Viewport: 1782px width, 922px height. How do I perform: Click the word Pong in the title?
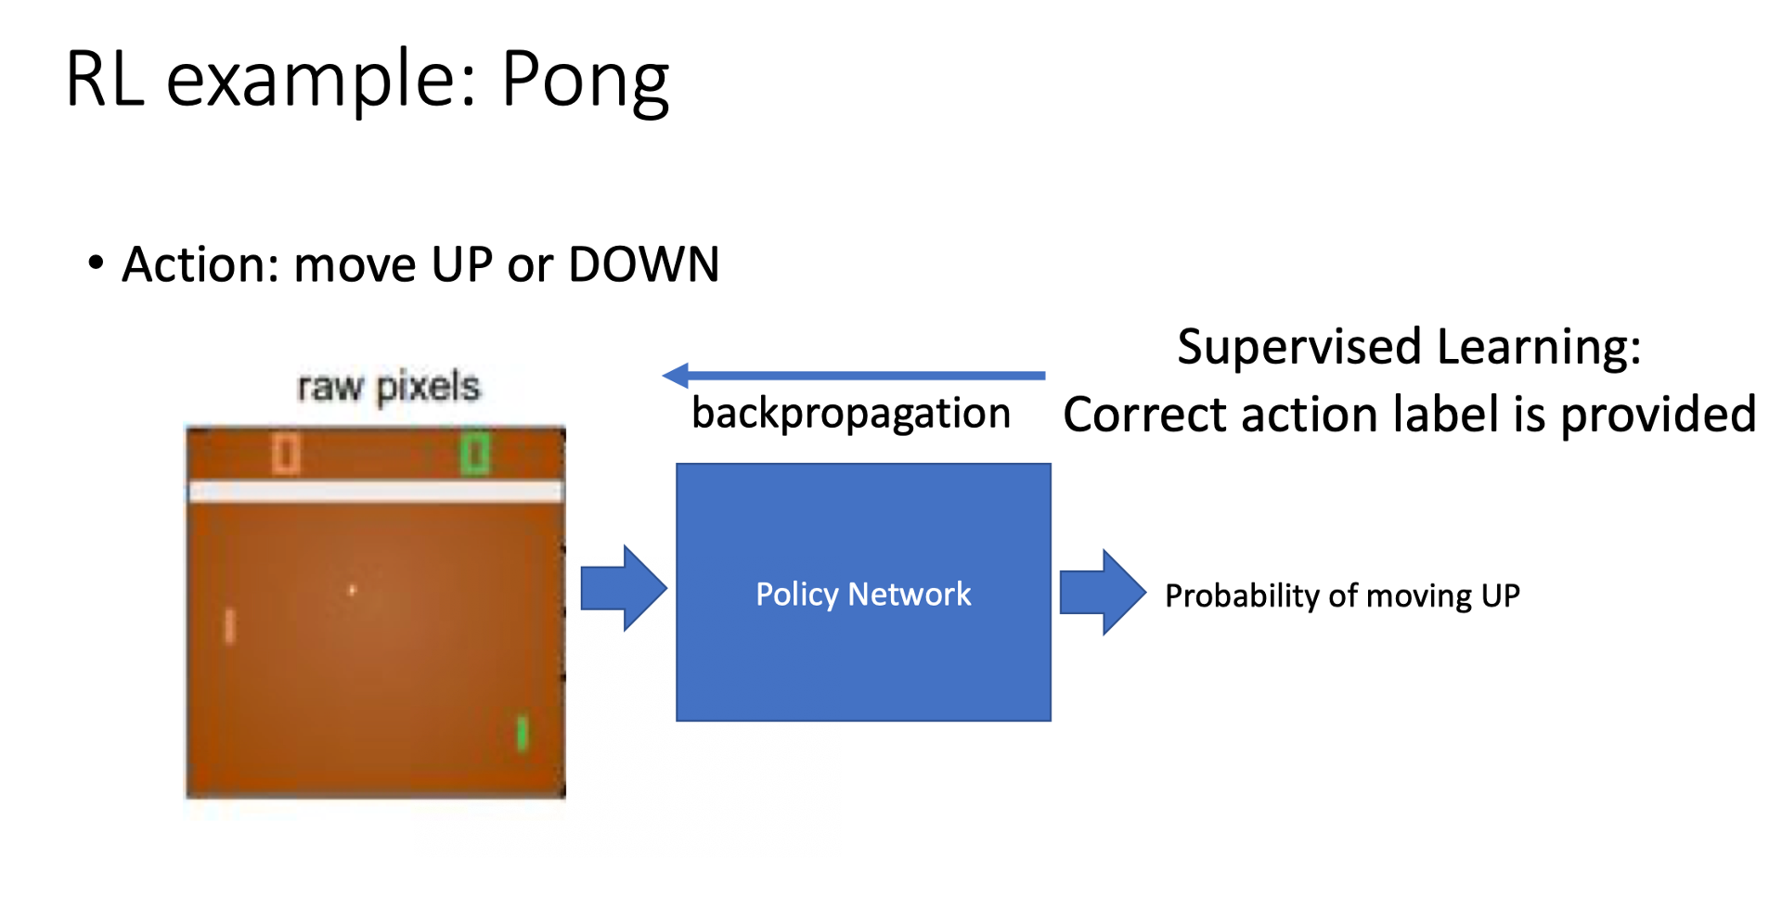pyautogui.click(x=585, y=82)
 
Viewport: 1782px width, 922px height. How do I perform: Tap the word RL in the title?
pyautogui.click(x=104, y=80)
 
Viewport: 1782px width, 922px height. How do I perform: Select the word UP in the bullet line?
pyautogui.click(x=462, y=265)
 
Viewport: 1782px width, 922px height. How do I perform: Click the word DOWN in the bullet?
pyautogui.click(x=643, y=264)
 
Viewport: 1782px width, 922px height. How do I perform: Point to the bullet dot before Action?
pyautogui.click(x=96, y=263)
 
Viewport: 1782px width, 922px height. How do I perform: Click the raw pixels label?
pyautogui.click(x=388, y=387)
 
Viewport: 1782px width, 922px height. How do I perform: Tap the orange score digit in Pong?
pyautogui.click(x=286, y=455)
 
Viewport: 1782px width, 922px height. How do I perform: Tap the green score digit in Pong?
pyautogui.click(x=475, y=455)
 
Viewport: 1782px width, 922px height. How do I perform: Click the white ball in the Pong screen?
pyautogui.click(x=352, y=590)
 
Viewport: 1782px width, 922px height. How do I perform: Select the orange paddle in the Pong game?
pyautogui.click(x=230, y=626)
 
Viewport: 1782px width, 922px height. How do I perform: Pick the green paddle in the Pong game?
pyautogui.click(x=522, y=734)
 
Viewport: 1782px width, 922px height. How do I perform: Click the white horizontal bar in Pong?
pyautogui.click(x=376, y=492)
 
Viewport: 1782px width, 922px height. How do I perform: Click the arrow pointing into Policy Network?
pyautogui.click(x=623, y=589)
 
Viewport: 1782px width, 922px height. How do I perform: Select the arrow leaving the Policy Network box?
pyautogui.click(x=1102, y=593)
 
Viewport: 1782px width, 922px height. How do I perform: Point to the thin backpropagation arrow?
pyautogui.click(x=854, y=376)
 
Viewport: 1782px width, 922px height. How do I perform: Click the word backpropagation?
pyautogui.click(x=851, y=414)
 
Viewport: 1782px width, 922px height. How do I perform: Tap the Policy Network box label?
pyautogui.click(x=863, y=594)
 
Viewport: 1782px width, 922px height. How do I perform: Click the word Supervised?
pyautogui.click(x=1299, y=348)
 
